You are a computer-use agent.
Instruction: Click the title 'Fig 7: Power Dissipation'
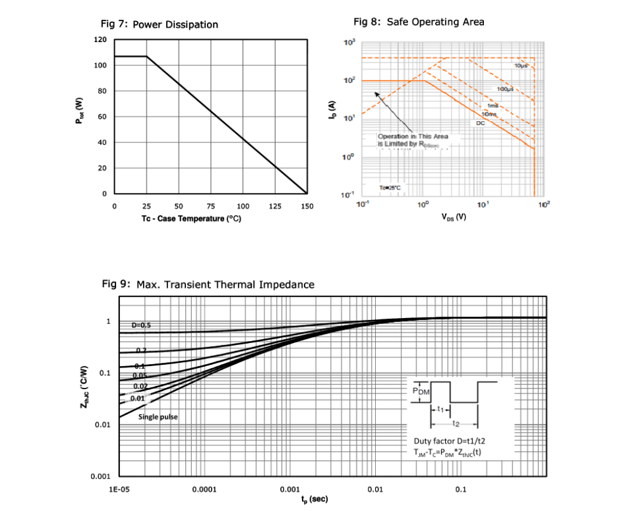click(x=159, y=25)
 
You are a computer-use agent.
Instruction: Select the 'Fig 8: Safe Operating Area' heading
click(x=419, y=22)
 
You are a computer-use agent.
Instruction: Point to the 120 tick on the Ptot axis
click(x=100, y=40)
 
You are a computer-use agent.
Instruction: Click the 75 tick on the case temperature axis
click(x=211, y=207)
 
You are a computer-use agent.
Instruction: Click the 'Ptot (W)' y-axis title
click(x=79, y=111)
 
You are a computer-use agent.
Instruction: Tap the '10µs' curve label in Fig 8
click(x=520, y=67)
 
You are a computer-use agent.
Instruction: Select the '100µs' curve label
click(x=505, y=89)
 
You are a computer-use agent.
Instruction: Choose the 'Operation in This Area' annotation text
click(x=413, y=136)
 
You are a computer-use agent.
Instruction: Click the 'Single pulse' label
click(x=158, y=417)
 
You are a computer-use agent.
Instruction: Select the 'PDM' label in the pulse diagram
click(x=420, y=391)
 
